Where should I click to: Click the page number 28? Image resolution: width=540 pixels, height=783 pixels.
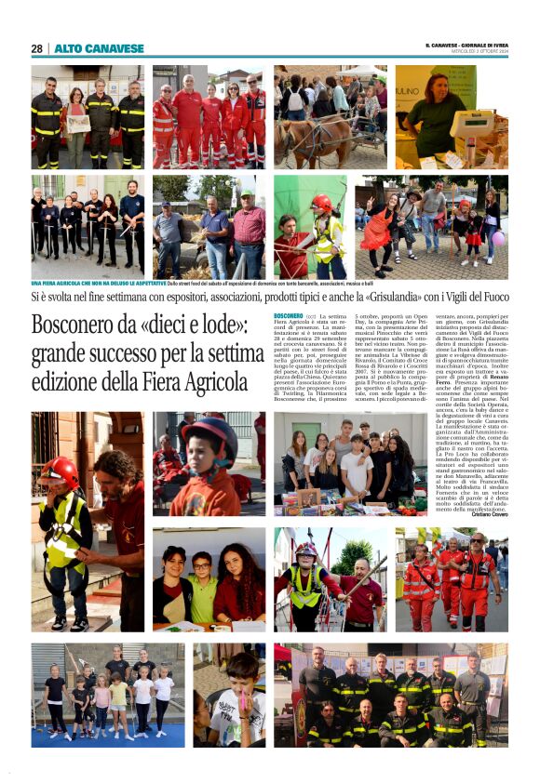36,48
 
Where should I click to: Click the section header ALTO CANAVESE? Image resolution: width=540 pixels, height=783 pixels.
99,48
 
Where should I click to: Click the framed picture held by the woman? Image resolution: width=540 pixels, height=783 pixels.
78,124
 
